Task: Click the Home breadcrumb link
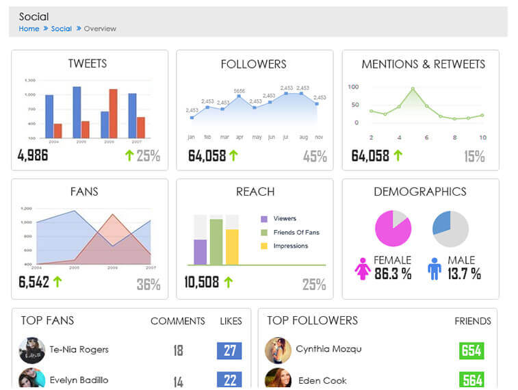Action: point(29,29)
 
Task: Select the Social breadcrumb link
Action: point(61,29)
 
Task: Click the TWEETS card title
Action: point(88,64)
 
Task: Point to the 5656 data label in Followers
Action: point(239,91)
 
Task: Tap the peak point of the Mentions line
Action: point(413,89)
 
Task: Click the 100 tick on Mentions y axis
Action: point(353,87)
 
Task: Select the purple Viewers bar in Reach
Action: point(200,251)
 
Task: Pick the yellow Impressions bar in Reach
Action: point(232,246)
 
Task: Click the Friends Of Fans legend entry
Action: point(296,233)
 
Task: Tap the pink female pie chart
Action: point(393,229)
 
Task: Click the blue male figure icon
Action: point(434,269)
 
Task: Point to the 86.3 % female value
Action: point(392,274)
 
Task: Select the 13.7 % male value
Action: point(463,274)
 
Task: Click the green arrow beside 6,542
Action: point(57,281)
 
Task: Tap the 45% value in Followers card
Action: point(315,156)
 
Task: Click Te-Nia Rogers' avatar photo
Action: point(32,350)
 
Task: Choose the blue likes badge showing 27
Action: point(229,351)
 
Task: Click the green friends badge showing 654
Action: point(471,351)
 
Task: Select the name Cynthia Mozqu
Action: point(328,349)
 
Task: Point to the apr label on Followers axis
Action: point(239,137)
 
